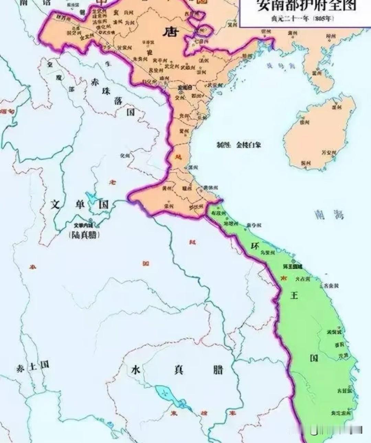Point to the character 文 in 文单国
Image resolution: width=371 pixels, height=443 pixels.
point(55,205)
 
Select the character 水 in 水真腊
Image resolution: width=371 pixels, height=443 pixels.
point(136,370)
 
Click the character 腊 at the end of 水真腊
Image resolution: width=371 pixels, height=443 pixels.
point(218,369)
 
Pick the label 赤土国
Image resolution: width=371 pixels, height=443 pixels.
point(32,367)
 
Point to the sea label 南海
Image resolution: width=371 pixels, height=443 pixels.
point(329,215)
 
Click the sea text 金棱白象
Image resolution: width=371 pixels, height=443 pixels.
point(248,145)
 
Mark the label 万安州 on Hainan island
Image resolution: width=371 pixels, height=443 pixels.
point(328,152)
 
